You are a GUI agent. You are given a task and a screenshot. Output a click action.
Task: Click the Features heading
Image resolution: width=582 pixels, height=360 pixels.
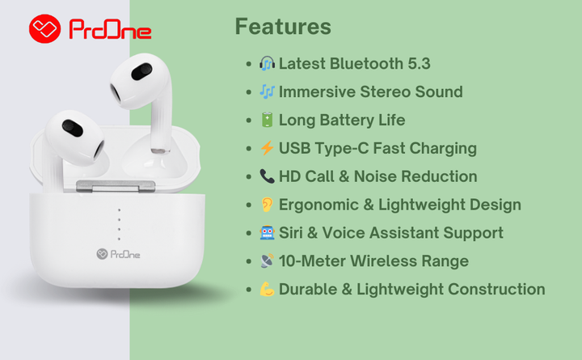point(283,27)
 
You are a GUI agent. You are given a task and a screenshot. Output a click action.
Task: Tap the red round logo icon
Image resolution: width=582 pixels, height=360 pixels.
point(45,29)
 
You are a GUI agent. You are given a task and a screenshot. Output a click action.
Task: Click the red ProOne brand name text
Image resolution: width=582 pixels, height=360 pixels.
point(110,30)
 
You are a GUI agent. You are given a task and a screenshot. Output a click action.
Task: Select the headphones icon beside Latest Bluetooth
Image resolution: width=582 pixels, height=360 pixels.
point(267,64)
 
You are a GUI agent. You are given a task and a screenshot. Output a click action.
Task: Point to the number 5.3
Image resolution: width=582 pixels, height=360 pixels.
point(419,64)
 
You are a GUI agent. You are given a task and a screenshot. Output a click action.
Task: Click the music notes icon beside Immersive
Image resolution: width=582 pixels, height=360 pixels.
point(267,91)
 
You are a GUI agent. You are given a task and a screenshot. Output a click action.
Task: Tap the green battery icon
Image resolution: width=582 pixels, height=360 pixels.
point(267,120)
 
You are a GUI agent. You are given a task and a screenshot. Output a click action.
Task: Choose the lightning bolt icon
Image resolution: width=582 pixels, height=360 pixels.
point(267,148)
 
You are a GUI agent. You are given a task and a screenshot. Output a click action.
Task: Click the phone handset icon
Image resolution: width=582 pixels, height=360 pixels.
point(267,176)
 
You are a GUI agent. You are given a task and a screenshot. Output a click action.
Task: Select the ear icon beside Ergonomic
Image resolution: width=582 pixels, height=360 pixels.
point(267,205)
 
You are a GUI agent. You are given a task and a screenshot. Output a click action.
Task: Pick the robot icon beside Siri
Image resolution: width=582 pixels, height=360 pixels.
point(267,233)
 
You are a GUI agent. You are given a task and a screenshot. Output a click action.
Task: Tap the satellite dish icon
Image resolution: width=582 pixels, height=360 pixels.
point(267,260)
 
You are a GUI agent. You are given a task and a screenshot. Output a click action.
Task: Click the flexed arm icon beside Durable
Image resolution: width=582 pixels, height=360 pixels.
point(267,289)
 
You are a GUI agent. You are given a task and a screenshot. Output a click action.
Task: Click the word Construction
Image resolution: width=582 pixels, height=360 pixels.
point(496,290)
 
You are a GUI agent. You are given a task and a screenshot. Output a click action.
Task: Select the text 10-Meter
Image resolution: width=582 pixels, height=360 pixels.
point(312,261)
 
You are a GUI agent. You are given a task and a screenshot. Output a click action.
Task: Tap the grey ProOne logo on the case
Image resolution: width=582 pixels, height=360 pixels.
point(118,254)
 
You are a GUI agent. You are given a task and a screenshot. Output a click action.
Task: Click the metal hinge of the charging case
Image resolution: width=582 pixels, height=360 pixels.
point(116,187)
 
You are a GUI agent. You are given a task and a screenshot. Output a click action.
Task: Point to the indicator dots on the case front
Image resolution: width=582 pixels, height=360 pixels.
point(119,224)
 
